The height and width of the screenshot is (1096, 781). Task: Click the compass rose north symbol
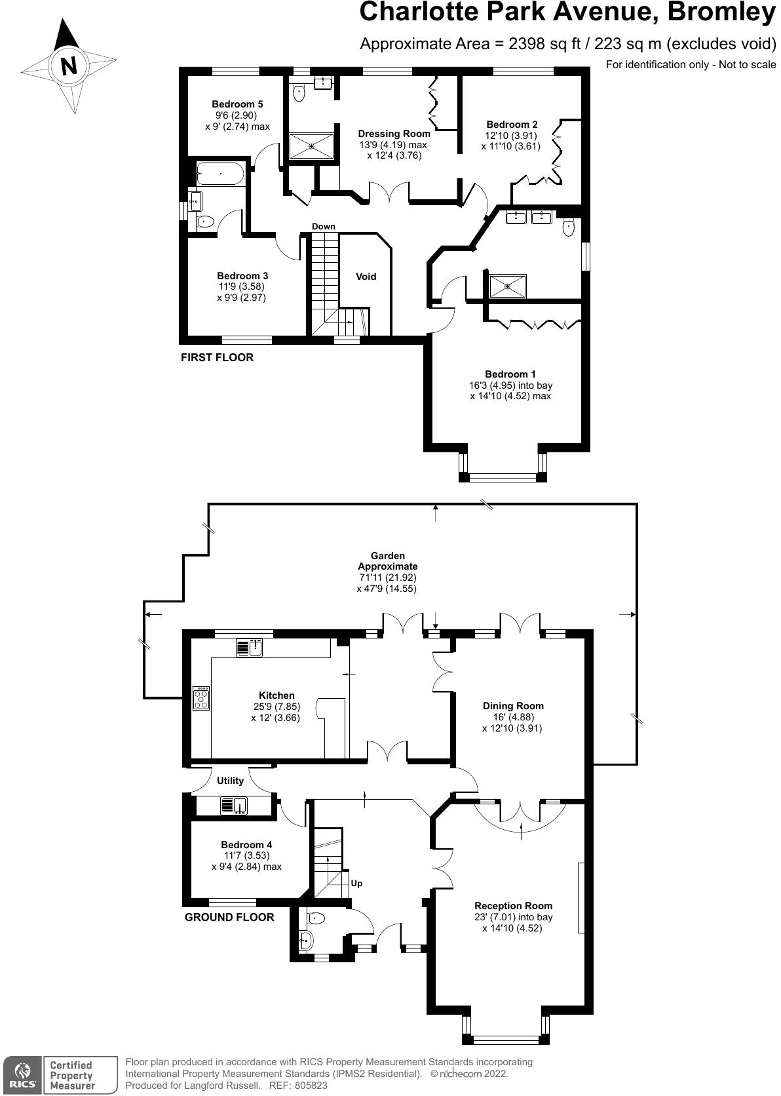(x=68, y=66)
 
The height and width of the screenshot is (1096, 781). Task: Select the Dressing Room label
(x=394, y=134)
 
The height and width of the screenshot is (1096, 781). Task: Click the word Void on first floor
(x=366, y=277)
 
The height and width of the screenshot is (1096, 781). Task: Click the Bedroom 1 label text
(x=510, y=374)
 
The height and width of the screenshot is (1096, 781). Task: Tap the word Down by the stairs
(x=323, y=226)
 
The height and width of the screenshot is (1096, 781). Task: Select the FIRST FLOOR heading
(x=217, y=358)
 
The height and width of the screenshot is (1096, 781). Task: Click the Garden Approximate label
(x=387, y=561)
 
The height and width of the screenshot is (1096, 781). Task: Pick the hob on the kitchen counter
(x=200, y=699)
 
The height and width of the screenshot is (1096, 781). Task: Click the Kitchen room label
(x=276, y=695)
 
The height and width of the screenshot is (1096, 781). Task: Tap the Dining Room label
(x=513, y=706)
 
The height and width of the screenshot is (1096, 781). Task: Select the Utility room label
(x=230, y=781)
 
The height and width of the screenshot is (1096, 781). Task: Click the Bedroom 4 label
(x=246, y=845)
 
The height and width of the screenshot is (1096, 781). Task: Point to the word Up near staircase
(x=356, y=883)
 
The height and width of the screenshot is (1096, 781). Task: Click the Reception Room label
(x=513, y=906)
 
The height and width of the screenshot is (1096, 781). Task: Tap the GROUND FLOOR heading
(x=229, y=917)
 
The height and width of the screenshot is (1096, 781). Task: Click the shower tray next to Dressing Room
(x=312, y=146)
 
